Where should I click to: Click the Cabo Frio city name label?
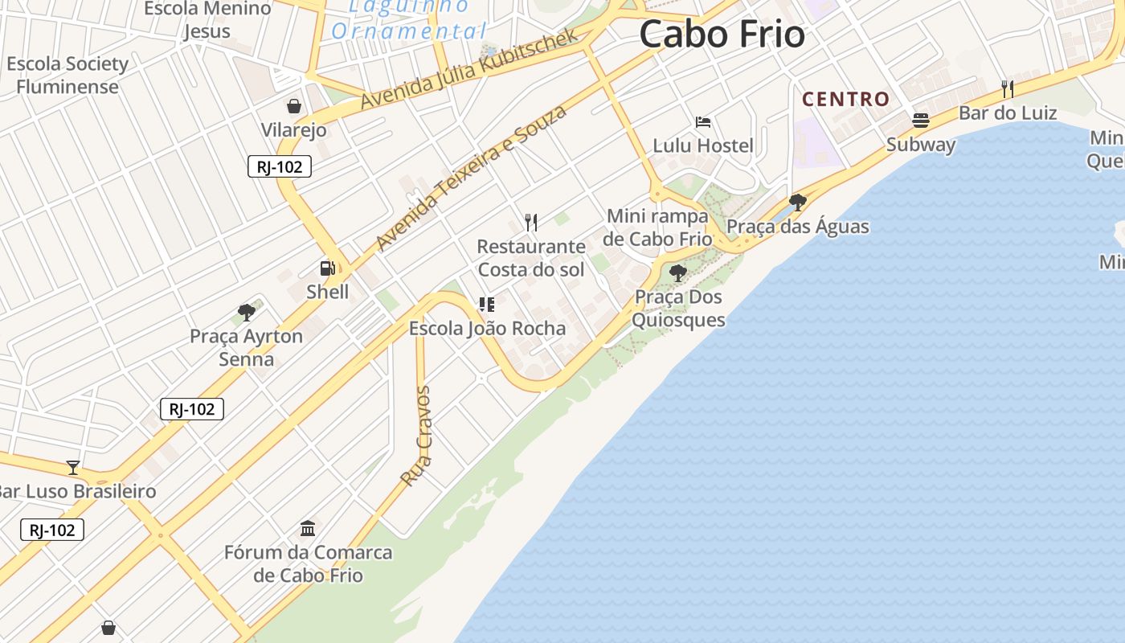pyautogui.click(x=722, y=35)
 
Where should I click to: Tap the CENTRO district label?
pyautogui.click(x=845, y=100)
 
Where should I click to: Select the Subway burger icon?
pyautogui.click(x=921, y=121)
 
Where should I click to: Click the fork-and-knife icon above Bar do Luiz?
pyautogui.click(x=1007, y=88)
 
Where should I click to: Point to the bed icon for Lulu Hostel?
pyautogui.click(x=703, y=122)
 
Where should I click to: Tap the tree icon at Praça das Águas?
pyautogui.click(x=797, y=202)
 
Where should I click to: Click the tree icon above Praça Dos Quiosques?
pyautogui.click(x=678, y=272)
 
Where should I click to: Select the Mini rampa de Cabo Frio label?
pyautogui.click(x=658, y=227)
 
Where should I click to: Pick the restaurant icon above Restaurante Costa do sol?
pyautogui.click(x=530, y=222)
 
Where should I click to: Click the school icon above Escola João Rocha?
pyautogui.click(x=486, y=304)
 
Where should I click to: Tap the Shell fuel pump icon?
pyautogui.click(x=327, y=268)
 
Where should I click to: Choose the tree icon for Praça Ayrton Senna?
pyautogui.click(x=246, y=312)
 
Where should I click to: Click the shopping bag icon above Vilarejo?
pyautogui.click(x=294, y=106)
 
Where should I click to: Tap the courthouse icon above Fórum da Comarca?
pyautogui.click(x=308, y=528)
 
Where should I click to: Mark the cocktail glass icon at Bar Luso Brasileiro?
pyautogui.click(x=73, y=467)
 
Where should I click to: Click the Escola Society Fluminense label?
pyautogui.click(x=67, y=75)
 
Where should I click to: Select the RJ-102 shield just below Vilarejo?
pyautogui.click(x=279, y=166)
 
